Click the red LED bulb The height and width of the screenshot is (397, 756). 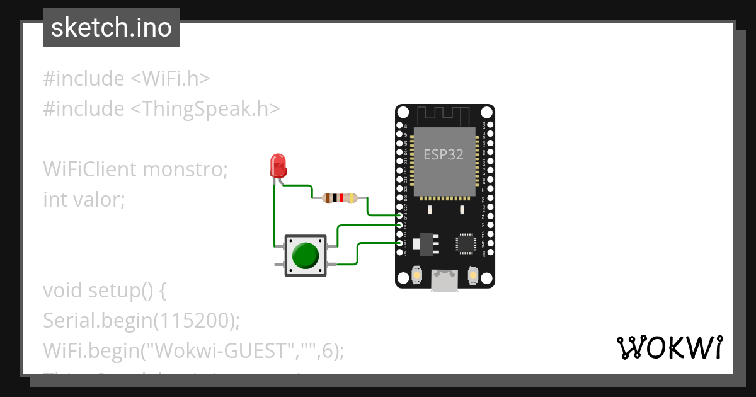pyautogui.click(x=278, y=165)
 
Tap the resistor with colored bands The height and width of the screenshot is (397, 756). pyautogui.click(x=340, y=198)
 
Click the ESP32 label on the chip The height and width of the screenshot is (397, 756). pyautogui.click(x=444, y=154)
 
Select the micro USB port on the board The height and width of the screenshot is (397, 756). pyautogui.click(x=445, y=280)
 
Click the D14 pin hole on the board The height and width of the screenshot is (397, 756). pyautogui.click(x=399, y=216)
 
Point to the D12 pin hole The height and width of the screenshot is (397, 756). pyautogui.click(x=399, y=225)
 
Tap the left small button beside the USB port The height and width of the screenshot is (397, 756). pyautogui.click(x=416, y=276)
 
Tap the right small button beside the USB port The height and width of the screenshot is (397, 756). pyautogui.click(x=473, y=276)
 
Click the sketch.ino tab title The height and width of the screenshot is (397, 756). pyautogui.click(x=112, y=28)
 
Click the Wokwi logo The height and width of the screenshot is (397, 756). pyautogui.click(x=669, y=347)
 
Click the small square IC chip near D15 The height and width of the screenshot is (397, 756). pyautogui.click(x=467, y=243)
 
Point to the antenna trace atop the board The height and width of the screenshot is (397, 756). pyautogui.click(x=445, y=115)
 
